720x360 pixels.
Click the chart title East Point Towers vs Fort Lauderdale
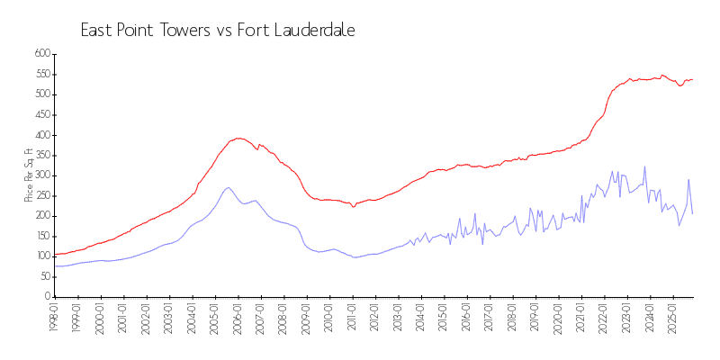point(218,31)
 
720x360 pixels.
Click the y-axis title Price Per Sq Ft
point(29,175)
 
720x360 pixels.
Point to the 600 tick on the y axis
point(40,54)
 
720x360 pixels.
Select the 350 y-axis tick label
point(40,155)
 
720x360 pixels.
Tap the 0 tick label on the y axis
point(47,297)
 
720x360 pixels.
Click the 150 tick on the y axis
point(40,236)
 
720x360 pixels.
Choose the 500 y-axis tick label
point(40,94)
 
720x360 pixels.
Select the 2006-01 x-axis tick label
point(236,318)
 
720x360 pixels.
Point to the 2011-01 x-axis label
point(350,318)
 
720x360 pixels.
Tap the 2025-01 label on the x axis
point(671,318)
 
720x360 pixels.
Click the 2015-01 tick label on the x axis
point(442,318)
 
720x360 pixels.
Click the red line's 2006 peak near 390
point(238,138)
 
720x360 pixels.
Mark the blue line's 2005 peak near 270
point(229,187)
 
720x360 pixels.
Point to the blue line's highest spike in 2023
point(644,166)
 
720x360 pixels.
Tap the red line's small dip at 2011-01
point(354,206)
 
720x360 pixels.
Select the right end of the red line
point(692,79)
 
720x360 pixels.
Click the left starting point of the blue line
point(55,265)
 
